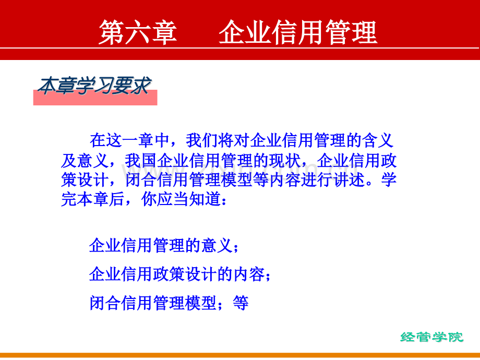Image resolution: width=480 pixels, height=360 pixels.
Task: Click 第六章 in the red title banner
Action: click(138, 32)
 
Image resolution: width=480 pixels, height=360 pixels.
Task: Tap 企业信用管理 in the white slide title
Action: click(298, 32)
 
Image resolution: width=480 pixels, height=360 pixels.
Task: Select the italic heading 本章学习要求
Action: click(94, 86)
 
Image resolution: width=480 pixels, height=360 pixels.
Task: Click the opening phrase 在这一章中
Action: click(129, 140)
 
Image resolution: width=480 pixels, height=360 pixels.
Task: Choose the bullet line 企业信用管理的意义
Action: click(161, 246)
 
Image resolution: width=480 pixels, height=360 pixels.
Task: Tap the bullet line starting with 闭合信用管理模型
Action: click(169, 303)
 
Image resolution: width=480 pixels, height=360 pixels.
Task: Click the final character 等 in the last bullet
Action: click(241, 303)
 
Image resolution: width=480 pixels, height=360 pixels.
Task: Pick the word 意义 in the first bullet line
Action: click(217, 246)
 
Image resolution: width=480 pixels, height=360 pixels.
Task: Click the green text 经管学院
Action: click(432, 338)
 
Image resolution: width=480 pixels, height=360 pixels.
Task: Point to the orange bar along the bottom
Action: click(240, 355)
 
